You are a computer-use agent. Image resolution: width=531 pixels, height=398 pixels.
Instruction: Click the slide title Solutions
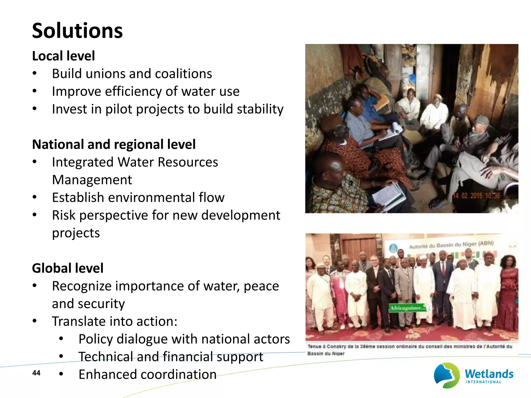point(77,31)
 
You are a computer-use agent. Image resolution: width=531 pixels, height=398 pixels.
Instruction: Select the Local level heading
point(64,56)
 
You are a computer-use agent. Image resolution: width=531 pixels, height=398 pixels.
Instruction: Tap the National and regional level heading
point(114,144)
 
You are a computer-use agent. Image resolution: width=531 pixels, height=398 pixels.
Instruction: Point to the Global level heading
point(68,268)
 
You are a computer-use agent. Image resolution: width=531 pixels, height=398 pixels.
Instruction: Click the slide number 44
point(36,373)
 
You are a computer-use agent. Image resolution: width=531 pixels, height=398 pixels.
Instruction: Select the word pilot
point(119,109)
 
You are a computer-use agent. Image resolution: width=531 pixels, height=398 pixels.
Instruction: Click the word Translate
point(79,321)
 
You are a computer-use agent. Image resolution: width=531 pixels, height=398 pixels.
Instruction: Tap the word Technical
point(105,357)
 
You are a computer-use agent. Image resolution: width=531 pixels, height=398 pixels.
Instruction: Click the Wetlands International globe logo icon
point(446,375)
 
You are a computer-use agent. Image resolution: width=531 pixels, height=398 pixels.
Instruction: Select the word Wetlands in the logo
point(489,374)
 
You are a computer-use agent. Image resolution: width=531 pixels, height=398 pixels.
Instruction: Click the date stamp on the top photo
point(477,196)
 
